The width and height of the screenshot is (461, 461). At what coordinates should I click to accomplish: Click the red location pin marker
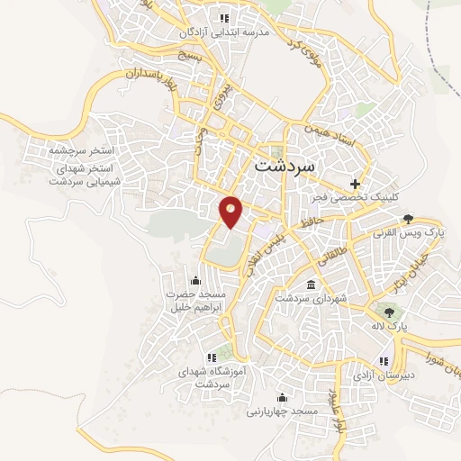click(231, 211)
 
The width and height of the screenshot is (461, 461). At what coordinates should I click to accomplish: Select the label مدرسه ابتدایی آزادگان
click(225, 32)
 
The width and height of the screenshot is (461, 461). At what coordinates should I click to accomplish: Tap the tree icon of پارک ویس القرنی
click(408, 218)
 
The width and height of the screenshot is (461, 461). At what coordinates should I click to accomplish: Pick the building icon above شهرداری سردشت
click(310, 285)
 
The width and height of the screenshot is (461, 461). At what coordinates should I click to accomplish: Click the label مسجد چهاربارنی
click(283, 411)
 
